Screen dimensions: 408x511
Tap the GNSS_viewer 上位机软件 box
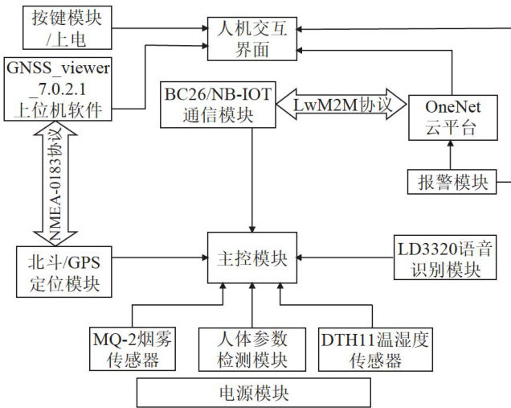(x=58, y=88)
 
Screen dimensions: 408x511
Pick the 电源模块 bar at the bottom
(x=253, y=392)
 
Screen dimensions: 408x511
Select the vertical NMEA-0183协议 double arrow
(x=45, y=182)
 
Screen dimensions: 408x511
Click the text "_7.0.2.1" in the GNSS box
(x=55, y=88)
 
